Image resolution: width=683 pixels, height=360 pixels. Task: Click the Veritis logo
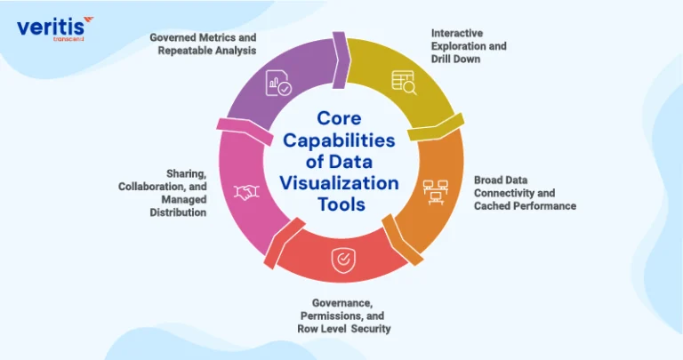pos(55,28)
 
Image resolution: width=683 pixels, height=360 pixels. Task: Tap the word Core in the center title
pos(339,118)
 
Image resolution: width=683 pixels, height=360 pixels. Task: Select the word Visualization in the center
pos(339,183)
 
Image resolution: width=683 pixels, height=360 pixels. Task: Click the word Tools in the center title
pos(341,204)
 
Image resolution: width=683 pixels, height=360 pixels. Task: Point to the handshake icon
pos(246,192)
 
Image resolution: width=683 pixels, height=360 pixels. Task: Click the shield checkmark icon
pos(343,260)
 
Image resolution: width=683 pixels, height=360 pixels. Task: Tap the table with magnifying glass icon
pos(404,83)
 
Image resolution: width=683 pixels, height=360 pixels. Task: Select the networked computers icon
pos(436,192)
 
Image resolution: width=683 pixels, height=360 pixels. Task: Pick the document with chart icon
pos(278,83)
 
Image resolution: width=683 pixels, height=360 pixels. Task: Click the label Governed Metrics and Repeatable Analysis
pos(203,44)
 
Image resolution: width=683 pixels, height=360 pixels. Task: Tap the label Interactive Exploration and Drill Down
pos(469,46)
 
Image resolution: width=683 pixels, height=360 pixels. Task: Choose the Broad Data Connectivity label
pos(525,193)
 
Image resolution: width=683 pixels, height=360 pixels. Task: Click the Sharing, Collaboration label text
pos(163,193)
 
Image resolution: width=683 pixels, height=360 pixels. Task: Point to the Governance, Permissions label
pos(343,316)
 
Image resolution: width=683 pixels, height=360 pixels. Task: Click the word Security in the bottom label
pos(371,329)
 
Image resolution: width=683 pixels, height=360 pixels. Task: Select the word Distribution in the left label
pos(178,212)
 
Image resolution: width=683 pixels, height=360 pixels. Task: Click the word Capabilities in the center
pos(339,140)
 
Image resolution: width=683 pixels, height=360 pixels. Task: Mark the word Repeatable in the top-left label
pos(181,51)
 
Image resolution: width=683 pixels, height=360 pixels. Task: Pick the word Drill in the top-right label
pos(441,60)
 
